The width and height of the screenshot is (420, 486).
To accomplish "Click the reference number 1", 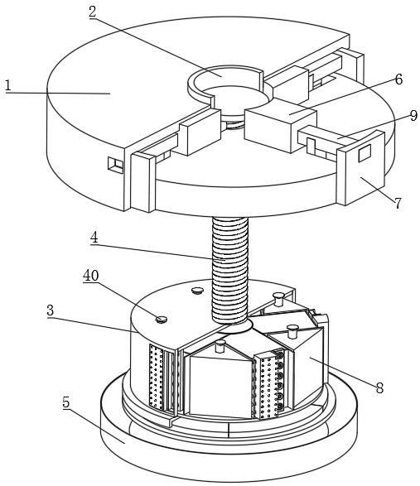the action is (x=8, y=85).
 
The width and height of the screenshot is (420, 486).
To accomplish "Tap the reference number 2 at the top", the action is (x=93, y=12).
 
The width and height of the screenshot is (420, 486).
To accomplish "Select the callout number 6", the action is (x=398, y=79).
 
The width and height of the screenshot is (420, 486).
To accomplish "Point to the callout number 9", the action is (x=413, y=116).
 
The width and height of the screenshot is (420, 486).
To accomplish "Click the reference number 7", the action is (x=398, y=204).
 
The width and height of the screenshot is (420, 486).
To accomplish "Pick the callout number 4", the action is (x=94, y=238).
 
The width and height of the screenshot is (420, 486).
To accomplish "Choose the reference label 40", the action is (x=91, y=275).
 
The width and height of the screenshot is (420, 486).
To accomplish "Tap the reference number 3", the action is (x=51, y=310).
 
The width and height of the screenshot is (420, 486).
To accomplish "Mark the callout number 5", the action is (x=66, y=402).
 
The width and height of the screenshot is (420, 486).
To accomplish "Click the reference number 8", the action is (x=379, y=387).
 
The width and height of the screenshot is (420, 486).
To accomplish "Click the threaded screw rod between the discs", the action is (x=229, y=270).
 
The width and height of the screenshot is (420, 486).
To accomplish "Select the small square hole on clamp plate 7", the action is (x=364, y=153).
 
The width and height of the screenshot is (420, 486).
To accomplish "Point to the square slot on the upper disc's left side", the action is (x=115, y=164).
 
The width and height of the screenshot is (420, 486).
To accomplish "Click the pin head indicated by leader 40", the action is (x=162, y=320).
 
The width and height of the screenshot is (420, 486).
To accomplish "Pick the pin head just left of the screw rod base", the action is (x=197, y=291).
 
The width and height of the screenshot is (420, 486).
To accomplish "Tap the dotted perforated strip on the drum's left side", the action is (x=156, y=376).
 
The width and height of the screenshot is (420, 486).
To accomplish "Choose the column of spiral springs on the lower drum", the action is (x=280, y=380).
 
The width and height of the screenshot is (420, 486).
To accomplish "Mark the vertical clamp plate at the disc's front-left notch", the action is (x=143, y=182).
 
